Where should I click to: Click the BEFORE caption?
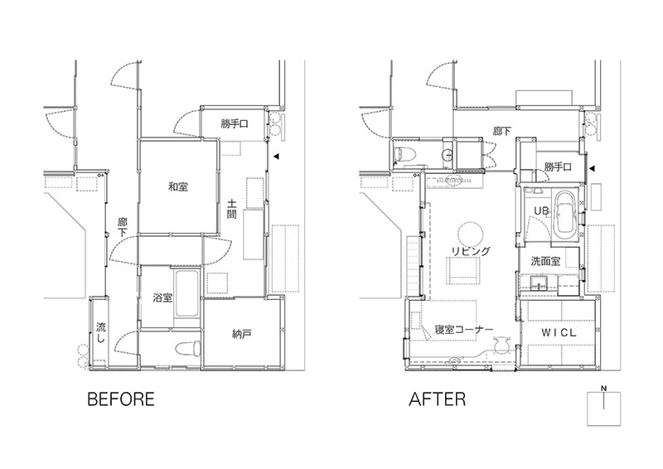121,399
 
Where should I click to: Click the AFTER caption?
438,399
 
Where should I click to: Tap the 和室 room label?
178,186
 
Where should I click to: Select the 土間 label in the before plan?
231,209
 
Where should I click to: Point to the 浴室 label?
162,297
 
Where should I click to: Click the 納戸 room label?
242,335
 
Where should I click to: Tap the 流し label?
101,332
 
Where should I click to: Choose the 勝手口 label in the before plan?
235,124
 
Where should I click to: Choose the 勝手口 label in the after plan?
558,167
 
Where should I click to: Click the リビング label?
471,251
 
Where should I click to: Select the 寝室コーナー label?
464,329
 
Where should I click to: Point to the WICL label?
559,333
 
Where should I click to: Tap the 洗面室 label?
545,261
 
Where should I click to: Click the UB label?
541,210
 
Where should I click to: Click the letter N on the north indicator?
604,389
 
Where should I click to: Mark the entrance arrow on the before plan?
276,157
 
